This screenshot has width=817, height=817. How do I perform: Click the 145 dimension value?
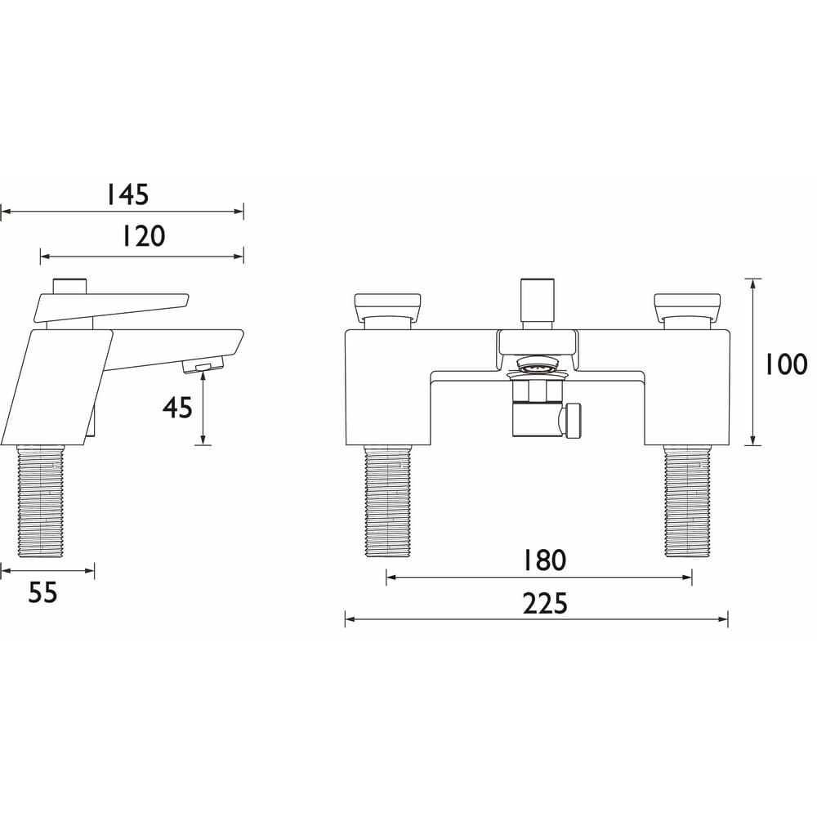[x=127, y=194]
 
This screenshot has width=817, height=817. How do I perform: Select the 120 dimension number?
[x=143, y=236]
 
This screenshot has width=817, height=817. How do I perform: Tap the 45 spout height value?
[x=177, y=406]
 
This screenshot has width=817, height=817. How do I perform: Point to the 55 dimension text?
[x=42, y=593]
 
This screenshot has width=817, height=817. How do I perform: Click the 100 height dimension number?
[x=785, y=364]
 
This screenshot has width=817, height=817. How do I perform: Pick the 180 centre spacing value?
[x=544, y=560]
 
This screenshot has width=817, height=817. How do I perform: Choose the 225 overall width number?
[x=544, y=604]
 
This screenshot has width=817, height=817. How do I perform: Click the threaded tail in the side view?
[x=41, y=501]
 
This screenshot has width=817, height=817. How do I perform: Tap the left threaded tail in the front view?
[x=386, y=501]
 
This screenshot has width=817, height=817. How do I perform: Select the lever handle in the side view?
[x=110, y=306]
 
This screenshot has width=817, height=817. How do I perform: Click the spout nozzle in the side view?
[x=203, y=366]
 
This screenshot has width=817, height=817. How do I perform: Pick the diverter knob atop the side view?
[x=69, y=286]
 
